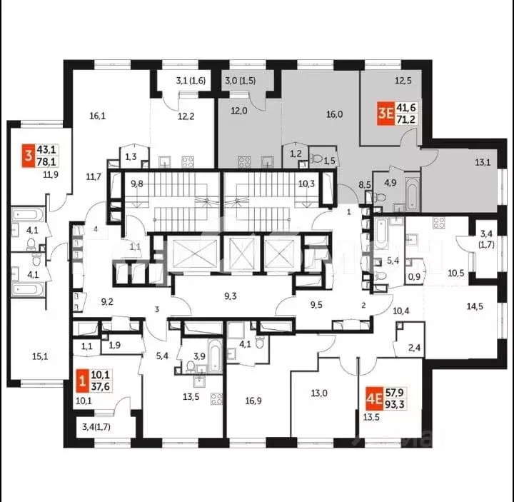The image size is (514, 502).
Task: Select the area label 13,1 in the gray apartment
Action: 484,162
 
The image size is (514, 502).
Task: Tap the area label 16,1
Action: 98,114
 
